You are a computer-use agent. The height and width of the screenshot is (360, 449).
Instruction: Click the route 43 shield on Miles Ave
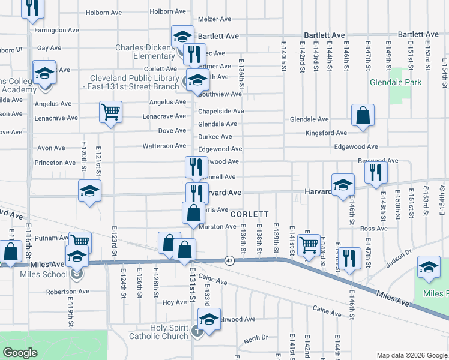[229, 260]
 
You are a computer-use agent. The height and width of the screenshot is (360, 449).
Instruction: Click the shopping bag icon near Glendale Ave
[363, 115]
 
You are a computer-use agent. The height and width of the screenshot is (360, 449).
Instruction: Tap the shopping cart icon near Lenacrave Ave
[110, 111]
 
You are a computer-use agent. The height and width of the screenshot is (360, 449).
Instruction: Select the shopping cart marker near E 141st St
[309, 244]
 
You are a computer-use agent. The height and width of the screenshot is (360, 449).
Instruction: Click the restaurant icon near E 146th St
[349, 257]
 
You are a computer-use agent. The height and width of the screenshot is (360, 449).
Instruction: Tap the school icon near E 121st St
[89, 191]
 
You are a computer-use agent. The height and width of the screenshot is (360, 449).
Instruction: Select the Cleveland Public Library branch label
[134, 82]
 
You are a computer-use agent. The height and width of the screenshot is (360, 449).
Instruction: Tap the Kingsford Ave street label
[326, 133]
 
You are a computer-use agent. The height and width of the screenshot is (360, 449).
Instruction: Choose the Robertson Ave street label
[67, 292]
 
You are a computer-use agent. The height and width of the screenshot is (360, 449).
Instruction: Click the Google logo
[20, 353]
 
